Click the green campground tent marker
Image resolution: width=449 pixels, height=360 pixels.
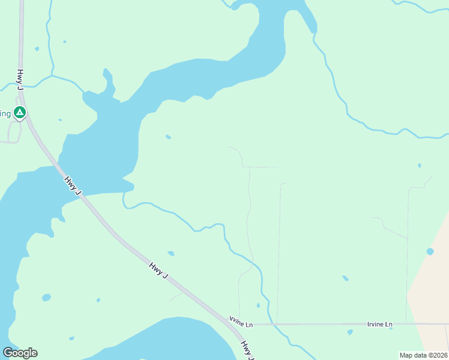point(19,112)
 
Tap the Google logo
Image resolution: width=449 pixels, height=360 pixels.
point(20,353)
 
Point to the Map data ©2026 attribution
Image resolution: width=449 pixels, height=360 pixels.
point(423,355)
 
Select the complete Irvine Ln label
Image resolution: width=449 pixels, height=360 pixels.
point(379,325)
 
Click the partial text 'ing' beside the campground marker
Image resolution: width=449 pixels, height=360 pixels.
point(5,113)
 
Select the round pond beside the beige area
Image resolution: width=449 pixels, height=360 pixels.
point(430,251)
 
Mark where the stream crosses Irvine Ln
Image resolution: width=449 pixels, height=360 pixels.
point(272,325)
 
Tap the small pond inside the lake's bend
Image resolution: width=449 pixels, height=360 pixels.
point(168,137)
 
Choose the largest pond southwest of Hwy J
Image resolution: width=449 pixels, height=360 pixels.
point(46,298)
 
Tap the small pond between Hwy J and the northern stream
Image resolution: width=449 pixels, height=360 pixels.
point(170,253)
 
